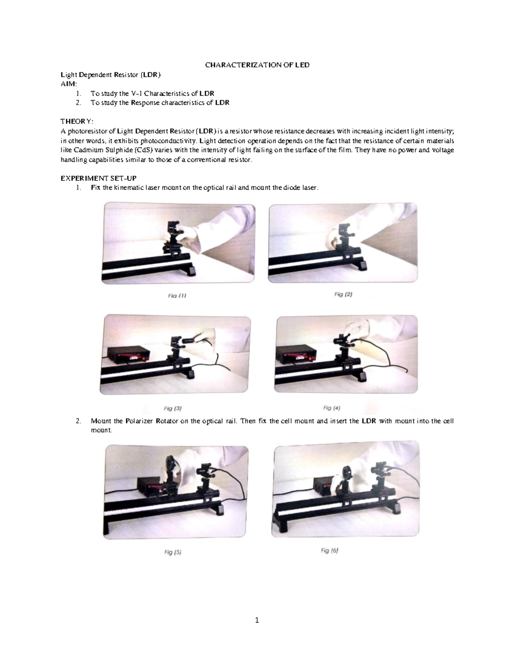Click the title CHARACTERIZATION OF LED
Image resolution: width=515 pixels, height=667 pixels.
257,65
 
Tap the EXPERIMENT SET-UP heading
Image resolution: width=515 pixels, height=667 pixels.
98,178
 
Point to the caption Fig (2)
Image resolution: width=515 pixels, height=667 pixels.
343,295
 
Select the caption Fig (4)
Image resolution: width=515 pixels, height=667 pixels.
332,408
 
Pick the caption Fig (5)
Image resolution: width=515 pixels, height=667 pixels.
173,552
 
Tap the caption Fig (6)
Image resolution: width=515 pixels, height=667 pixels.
330,551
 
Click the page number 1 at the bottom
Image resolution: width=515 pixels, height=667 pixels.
257,620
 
